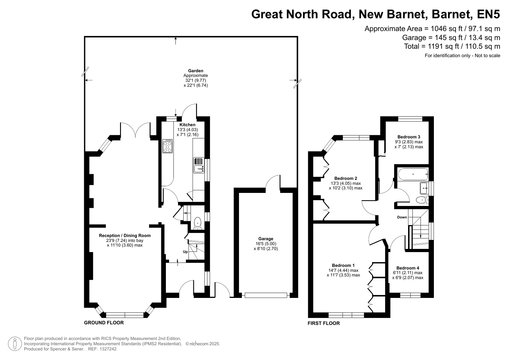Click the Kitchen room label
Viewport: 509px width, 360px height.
click(187, 125)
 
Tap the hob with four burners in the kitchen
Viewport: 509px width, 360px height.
click(167, 146)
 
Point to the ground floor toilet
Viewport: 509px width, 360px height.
click(198, 223)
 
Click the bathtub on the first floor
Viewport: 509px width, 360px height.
click(413, 174)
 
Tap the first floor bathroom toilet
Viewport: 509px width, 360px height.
click(422, 200)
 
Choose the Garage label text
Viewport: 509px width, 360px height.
click(265, 239)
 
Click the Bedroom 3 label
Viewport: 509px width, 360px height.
click(409, 137)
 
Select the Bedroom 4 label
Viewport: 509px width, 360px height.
click(408, 268)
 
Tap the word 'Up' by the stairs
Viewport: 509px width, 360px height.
click(185, 252)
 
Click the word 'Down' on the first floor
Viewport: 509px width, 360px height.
click(402, 217)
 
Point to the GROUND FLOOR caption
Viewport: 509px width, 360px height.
click(104, 323)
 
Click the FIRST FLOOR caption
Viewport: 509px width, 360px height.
click(324, 323)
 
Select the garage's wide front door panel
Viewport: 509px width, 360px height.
click(266, 295)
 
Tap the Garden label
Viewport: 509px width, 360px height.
click(196, 71)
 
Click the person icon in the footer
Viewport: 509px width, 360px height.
click(15, 344)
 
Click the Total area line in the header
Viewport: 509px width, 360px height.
click(452, 46)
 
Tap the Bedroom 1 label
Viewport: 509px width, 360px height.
click(343, 265)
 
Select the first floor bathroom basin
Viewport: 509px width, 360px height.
click(424, 188)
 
